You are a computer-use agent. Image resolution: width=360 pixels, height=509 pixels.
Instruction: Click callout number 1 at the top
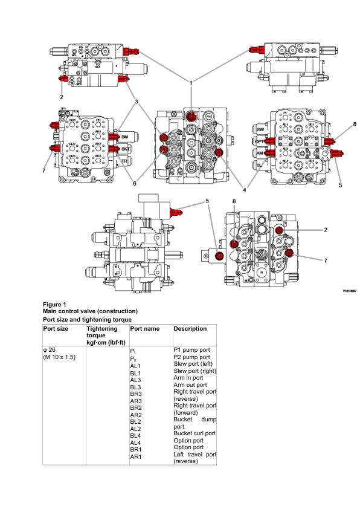tap(191, 82)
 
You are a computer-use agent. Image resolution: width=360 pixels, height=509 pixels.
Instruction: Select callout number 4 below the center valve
tap(245, 189)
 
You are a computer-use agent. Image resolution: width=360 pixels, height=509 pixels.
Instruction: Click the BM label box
tap(126, 137)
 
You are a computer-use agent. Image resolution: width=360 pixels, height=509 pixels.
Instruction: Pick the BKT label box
tap(126, 149)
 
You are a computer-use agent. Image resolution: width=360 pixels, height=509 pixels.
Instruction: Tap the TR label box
tap(124, 161)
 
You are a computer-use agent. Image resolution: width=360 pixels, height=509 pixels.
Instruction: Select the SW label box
tap(261, 130)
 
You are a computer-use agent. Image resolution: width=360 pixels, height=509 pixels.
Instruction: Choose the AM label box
tap(261, 154)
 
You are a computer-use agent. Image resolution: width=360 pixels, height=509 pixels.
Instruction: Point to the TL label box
tap(260, 165)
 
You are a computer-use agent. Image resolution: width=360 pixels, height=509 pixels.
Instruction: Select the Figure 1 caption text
tap(55, 303)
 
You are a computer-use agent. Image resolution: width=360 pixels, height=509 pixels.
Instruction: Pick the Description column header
tap(190, 329)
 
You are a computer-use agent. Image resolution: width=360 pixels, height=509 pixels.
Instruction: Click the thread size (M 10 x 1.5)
tap(59, 358)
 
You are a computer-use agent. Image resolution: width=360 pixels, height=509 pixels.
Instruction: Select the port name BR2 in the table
tap(135, 408)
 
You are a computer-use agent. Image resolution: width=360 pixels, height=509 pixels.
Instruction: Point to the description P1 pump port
tap(191, 350)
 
